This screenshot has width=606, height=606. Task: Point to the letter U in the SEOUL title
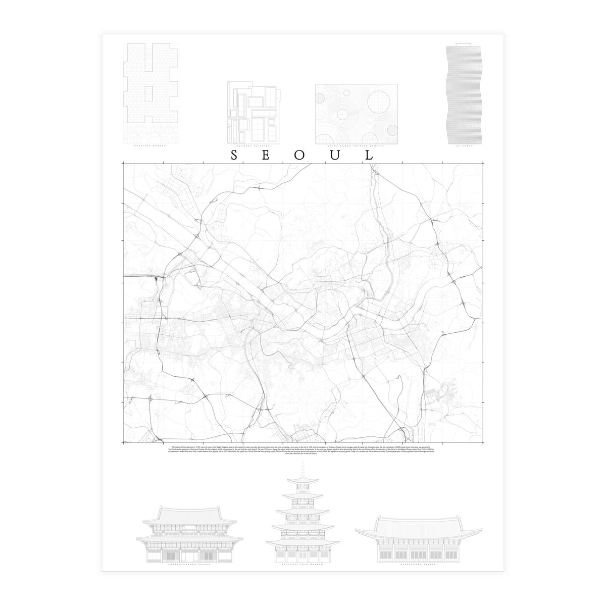click(x=335, y=155)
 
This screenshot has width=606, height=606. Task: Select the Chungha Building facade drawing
click(x=254, y=112)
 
